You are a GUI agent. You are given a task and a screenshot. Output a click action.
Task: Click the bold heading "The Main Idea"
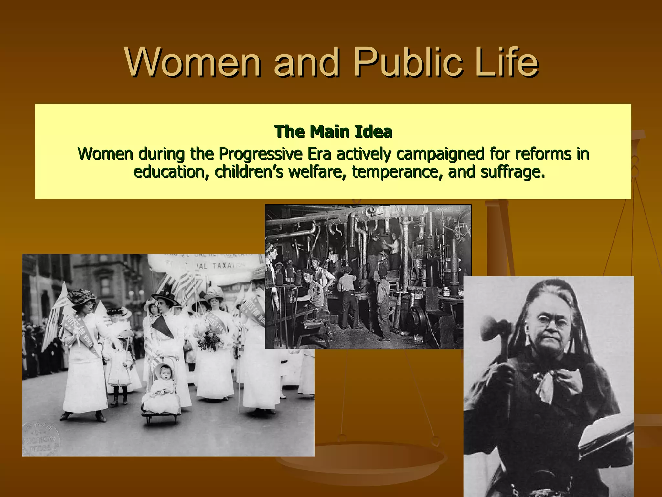(333, 132)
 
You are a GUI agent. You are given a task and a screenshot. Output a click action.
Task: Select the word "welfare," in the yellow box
(317, 171)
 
